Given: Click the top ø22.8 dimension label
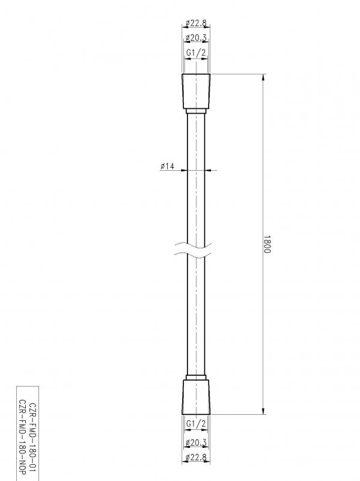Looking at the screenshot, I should (x=197, y=23).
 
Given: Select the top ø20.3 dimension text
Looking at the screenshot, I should (x=197, y=38).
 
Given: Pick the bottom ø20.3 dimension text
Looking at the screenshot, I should (x=197, y=443).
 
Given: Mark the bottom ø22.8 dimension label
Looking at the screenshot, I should (x=197, y=458).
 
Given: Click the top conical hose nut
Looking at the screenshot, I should (x=197, y=91).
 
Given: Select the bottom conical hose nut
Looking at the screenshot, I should (x=197, y=397).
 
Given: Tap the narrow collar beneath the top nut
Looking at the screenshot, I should (x=197, y=111).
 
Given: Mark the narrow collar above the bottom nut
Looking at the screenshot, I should (x=197, y=378).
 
